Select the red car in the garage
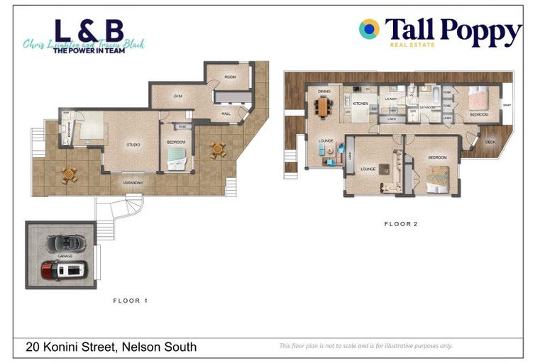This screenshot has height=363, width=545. click(64, 269)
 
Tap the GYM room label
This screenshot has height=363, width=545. click(179, 96)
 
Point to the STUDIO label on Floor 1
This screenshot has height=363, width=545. click(133, 145)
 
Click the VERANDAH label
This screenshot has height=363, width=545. click(133, 183)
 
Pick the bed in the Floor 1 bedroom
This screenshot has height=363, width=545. click(176, 162)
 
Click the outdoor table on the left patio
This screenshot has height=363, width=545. click(69, 174)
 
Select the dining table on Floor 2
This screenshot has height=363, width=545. click(324, 106)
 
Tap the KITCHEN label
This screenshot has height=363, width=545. click(360, 104)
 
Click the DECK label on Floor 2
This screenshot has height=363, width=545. click(490, 142)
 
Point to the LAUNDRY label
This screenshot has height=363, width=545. click(391, 99)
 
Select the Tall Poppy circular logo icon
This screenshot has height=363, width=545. click(369, 29)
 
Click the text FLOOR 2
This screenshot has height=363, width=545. click(401, 224)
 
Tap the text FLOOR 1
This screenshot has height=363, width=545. click(131, 301)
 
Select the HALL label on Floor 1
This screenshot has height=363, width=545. click(226, 113)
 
